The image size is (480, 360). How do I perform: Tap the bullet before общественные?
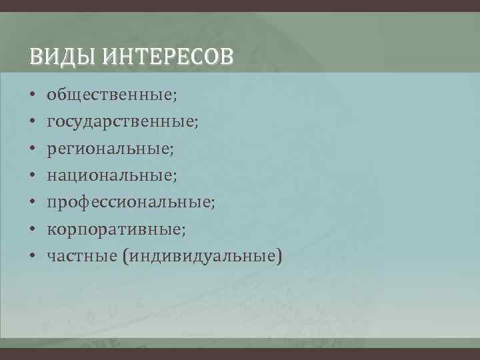32,97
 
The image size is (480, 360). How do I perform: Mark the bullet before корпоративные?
32,229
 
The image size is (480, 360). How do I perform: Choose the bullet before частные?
32,256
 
